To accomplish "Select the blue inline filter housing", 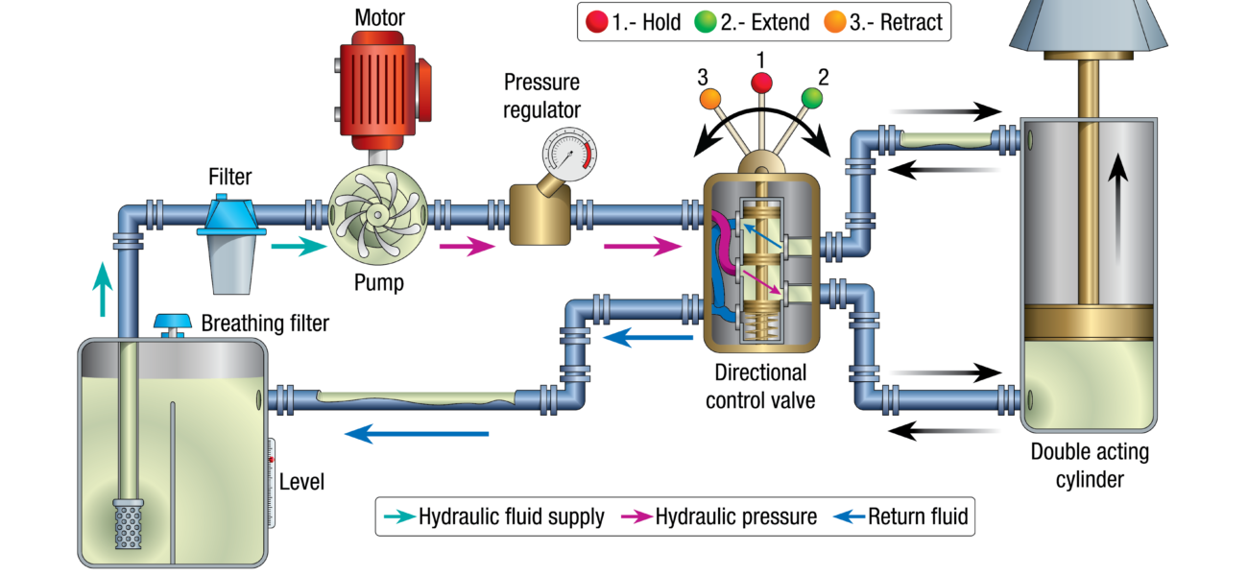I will (x=230, y=215).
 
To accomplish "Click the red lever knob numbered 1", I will (x=761, y=84).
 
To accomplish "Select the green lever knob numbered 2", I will (x=812, y=97).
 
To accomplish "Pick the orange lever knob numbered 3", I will (x=710, y=98).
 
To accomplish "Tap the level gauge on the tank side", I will (x=271, y=480).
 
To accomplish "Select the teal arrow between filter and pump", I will (x=292, y=248).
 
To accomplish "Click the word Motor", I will (x=380, y=17).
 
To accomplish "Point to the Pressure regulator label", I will (x=545, y=96).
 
